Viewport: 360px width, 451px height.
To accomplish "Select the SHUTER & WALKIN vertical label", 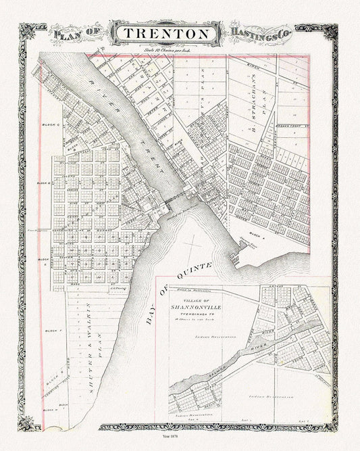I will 96,350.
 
